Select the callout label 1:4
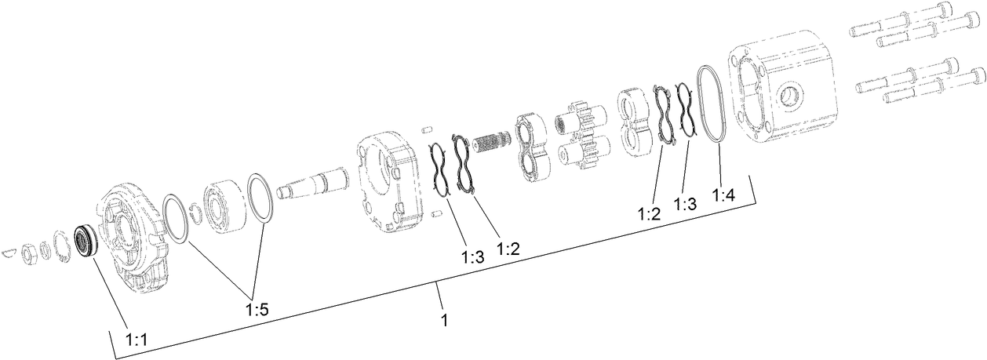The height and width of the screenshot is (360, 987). (724, 195)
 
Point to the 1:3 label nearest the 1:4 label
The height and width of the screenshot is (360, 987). (685, 204)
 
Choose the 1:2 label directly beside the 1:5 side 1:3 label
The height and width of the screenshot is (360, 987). (508, 249)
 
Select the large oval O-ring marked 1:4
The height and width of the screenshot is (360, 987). (711, 104)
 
